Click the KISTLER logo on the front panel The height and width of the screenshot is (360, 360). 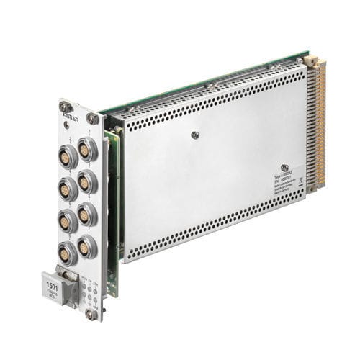coord(73,116)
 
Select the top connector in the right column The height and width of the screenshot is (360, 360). coord(88,149)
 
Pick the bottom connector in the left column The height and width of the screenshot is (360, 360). coord(67,253)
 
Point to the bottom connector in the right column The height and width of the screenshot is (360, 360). coord(87,246)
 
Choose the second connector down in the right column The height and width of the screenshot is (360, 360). coord(88,181)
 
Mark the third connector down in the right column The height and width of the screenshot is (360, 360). coord(87,214)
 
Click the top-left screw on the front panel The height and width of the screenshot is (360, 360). coord(66,107)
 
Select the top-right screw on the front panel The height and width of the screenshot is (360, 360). coord(92,118)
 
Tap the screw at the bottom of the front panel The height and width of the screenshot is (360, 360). coord(91,314)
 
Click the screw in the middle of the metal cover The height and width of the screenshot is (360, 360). coord(194,134)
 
